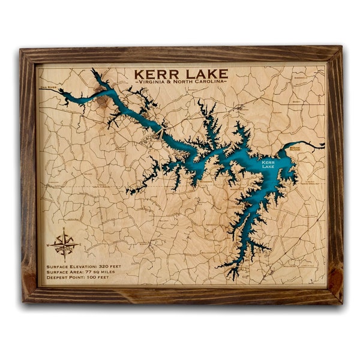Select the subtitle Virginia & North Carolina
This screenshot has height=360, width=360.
coord(181,81)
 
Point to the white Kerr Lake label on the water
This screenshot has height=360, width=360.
coord(268,164)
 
